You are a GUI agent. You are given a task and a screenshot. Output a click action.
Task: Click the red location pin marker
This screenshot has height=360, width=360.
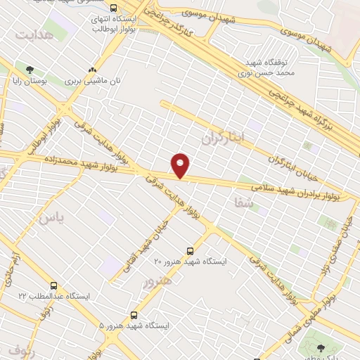[x=181, y=165]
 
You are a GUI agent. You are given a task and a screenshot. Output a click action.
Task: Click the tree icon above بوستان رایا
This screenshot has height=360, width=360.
[x=30, y=70]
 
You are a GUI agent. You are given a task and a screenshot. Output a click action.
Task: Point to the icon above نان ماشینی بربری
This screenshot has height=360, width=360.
[x=92, y=70]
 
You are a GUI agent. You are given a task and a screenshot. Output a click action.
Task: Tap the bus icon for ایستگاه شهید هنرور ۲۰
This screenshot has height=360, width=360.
[x=190, y=250]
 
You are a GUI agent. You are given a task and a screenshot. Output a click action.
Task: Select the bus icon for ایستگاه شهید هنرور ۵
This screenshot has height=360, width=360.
[x=134, y=315]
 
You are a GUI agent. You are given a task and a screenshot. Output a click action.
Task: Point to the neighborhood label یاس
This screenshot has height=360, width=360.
[x=51, y=219]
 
